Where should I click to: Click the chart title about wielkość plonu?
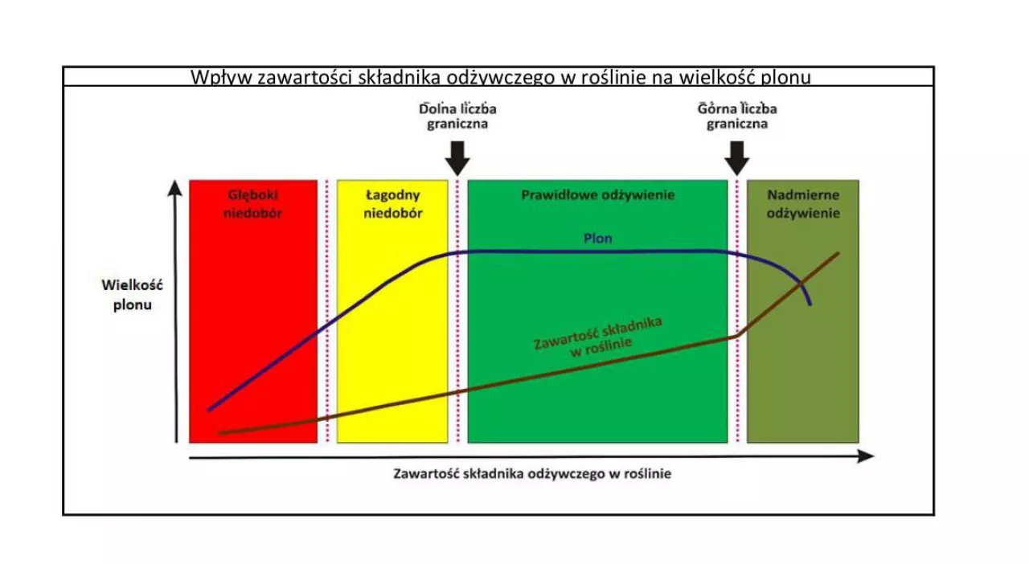click(501, 77)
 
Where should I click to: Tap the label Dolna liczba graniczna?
click(457, 116)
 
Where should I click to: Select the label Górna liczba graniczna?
click(737, 116)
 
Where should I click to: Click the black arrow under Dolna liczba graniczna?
click(457, 158)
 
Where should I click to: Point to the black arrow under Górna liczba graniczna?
click(737, 158)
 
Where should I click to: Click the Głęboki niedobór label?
click(252, 204)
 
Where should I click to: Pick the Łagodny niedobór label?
click(393, 204)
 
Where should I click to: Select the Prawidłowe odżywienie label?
click(597, 195)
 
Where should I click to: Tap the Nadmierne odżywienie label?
click(803, 204)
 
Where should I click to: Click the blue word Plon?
click(597, 239)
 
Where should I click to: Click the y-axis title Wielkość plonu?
click(133, 295)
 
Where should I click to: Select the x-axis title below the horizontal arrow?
click(532, 474)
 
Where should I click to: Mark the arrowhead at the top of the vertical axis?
click(174, 187)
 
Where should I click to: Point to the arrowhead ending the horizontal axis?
click(866, 456)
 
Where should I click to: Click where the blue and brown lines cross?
click(801, 283)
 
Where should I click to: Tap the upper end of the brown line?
click(838, 254)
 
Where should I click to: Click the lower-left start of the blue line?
click(209, 410)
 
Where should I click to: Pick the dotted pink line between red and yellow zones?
click(327, 311)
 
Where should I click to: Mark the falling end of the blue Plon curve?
click(810, 304)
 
